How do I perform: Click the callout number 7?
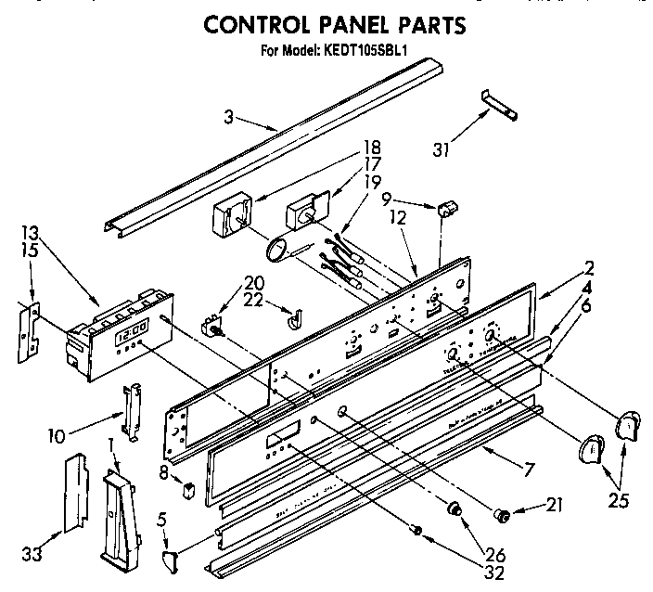click(529, 470)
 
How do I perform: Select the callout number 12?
click(398, 218)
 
